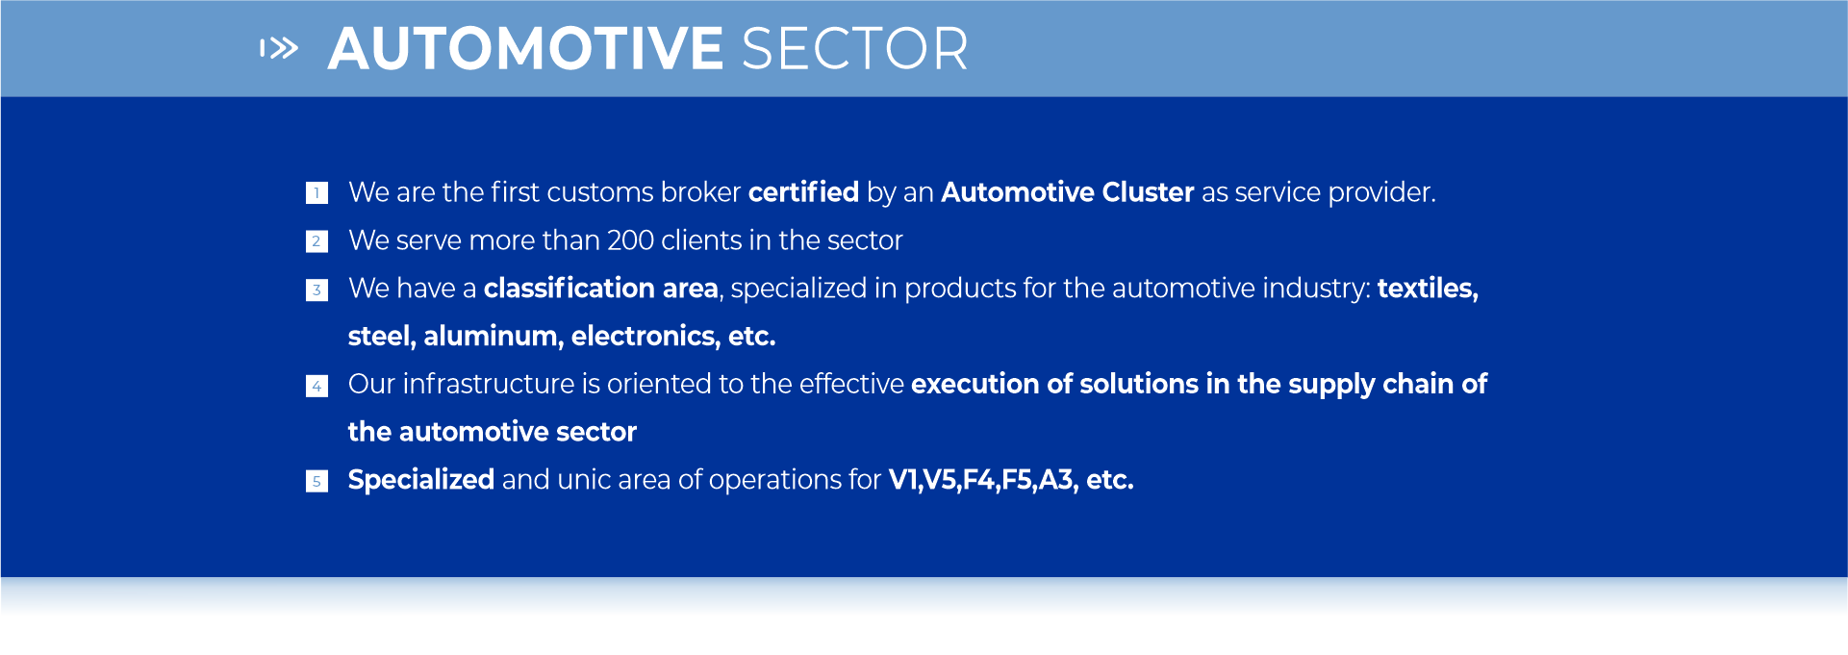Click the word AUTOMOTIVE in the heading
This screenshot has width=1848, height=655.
coord(525,49)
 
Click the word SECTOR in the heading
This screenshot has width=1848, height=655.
coord(854,49)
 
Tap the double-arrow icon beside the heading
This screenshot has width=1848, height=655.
coord(279,48)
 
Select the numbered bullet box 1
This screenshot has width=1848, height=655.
coord(316,193)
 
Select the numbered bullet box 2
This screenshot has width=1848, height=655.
coord(316,241)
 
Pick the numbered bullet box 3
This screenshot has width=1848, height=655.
coord(316,290)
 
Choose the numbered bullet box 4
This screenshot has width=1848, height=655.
coord(316,386)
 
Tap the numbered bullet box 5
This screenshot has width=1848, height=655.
coord(316,481)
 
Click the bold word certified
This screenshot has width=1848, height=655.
coord(803,192)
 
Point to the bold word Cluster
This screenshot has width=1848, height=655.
coord(1148,192)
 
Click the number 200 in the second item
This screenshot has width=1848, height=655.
coord(631,240)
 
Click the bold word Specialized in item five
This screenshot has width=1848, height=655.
coord(421,480)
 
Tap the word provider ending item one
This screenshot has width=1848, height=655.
coord(1381,193)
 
